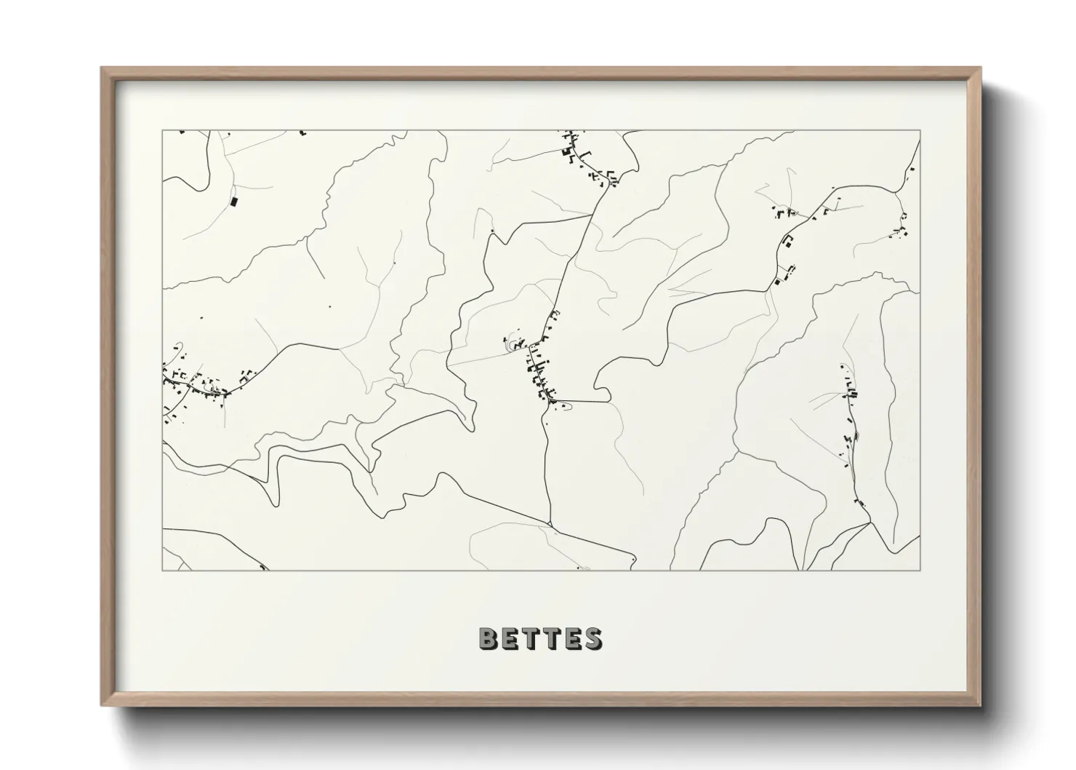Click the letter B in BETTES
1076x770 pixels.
[x=489, y=638]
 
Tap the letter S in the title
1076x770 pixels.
[x=592, y=638]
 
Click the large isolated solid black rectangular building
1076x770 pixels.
[x=233, y=201]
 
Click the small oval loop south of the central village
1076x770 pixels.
[x=566, y=406]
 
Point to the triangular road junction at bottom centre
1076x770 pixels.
[x=550, y=524]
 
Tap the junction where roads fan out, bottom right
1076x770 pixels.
[x=869, y=523]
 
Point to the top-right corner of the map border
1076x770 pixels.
[x=920, y=131]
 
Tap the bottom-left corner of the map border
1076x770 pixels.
[x=163, y=570]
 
